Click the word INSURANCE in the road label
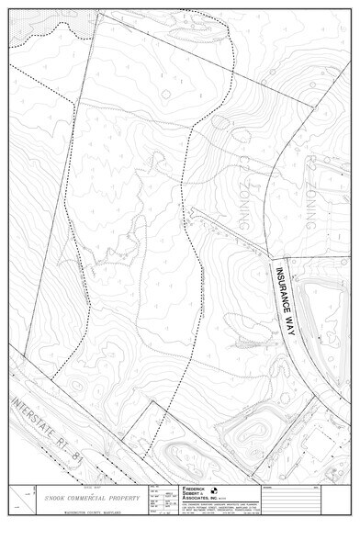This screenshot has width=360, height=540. tap(280, 289)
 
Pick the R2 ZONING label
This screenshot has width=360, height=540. tap(312, 189)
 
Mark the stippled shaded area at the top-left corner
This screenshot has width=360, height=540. tap(37, 28)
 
